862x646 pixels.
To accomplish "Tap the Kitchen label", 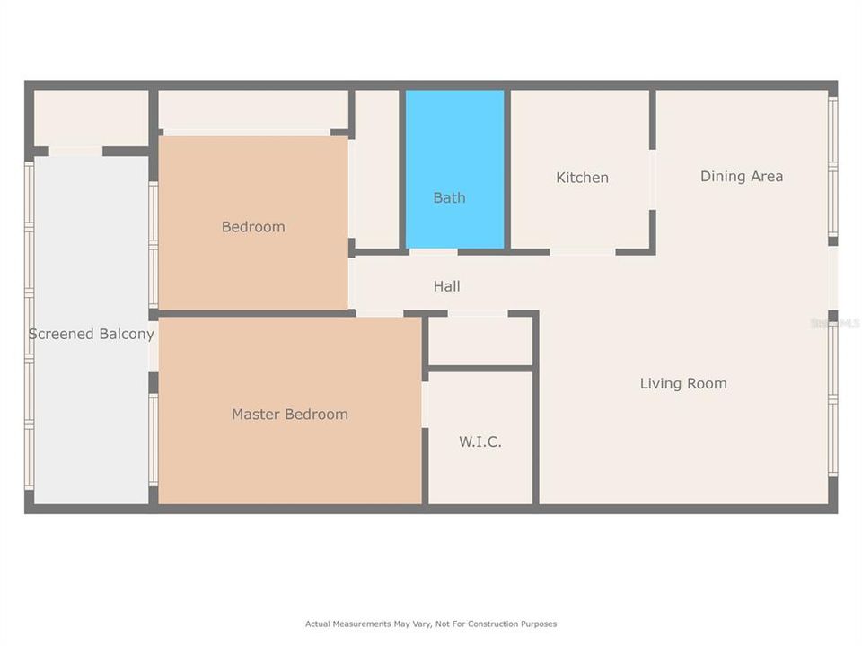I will click(582, 178).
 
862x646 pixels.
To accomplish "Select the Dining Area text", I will click(741, 176).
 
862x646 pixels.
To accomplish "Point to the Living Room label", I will click(682, 383).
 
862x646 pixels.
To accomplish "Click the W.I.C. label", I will click(480, 441).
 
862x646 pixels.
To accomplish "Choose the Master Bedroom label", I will click(289, 414).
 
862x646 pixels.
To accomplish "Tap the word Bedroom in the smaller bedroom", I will click(252, 227).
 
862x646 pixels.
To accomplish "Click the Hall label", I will click(446, 286).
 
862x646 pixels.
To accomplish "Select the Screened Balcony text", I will click(91, 334).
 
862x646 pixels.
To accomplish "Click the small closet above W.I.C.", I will click(480, 341).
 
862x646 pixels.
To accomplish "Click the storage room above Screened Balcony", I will click(90, 116).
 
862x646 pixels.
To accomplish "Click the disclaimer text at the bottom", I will click(431, 624).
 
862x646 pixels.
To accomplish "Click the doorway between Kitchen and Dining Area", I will click(653, 179).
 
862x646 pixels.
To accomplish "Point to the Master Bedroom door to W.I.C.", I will click(425, 404).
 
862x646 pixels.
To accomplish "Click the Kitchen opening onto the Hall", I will click(582, 251).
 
